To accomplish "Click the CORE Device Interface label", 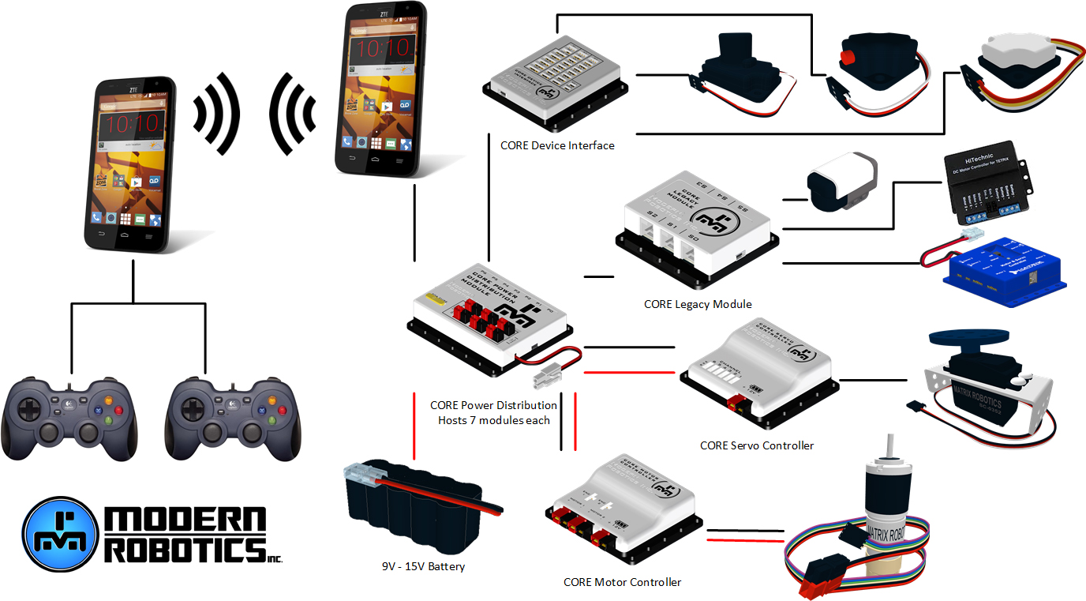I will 556,145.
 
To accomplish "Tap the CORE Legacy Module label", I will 697,304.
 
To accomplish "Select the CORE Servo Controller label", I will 756,445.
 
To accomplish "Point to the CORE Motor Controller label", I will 622,582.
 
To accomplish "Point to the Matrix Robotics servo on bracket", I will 982,378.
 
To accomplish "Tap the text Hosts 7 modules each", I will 493,420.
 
